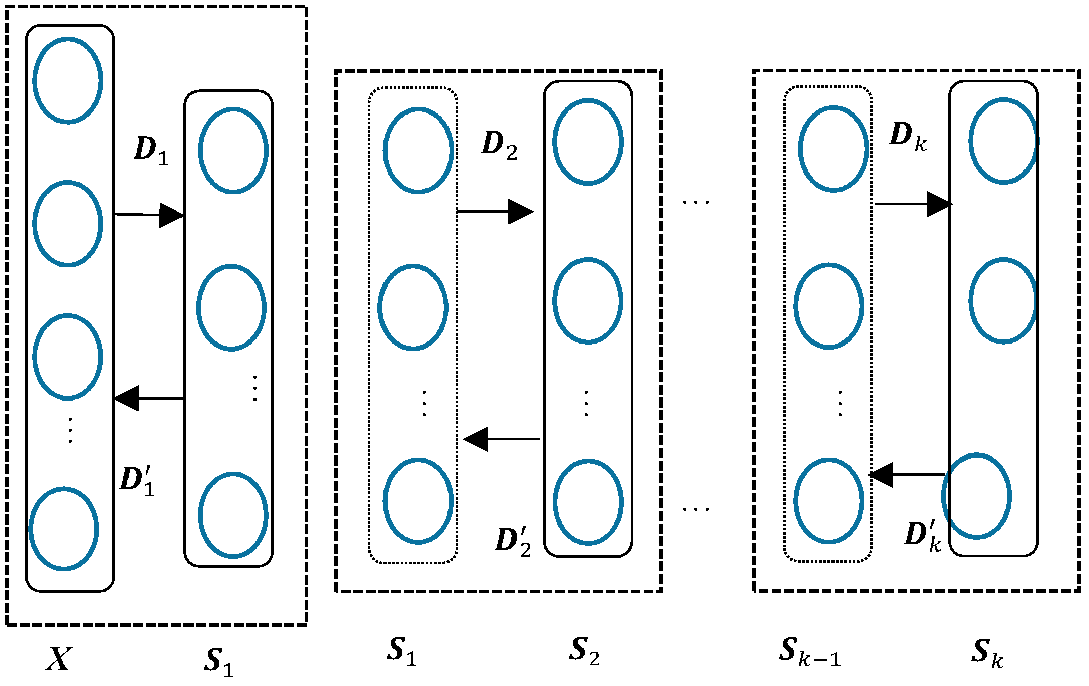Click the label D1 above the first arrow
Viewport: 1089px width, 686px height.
tap(151, 150)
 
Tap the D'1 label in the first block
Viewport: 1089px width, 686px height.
tap(137, 481)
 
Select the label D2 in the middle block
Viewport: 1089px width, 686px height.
tap(499, 145)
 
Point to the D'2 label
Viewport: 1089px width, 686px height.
tap(513, 541)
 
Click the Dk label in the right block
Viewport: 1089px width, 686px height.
tap(908, 137)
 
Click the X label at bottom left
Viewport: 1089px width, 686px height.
tap(59, 658)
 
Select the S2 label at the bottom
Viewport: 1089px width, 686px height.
tap(584, 651)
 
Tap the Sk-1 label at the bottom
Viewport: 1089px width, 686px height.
tap(809, 652)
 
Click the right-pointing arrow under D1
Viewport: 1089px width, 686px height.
tap(150, 215)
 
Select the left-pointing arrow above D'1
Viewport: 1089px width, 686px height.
tap(149, 398)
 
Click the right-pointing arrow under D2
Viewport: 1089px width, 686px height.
tap(495, 212)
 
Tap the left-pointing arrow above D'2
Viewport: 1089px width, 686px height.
tap(501, 439)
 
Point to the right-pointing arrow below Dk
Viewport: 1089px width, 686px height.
tap(913, 204)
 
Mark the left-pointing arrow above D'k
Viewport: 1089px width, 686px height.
tap(907, 475)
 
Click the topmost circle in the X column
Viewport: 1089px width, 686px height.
tap(68, 80)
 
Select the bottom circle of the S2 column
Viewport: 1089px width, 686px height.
tap(588, 502)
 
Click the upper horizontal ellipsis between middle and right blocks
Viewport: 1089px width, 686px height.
tap(695, 202)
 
